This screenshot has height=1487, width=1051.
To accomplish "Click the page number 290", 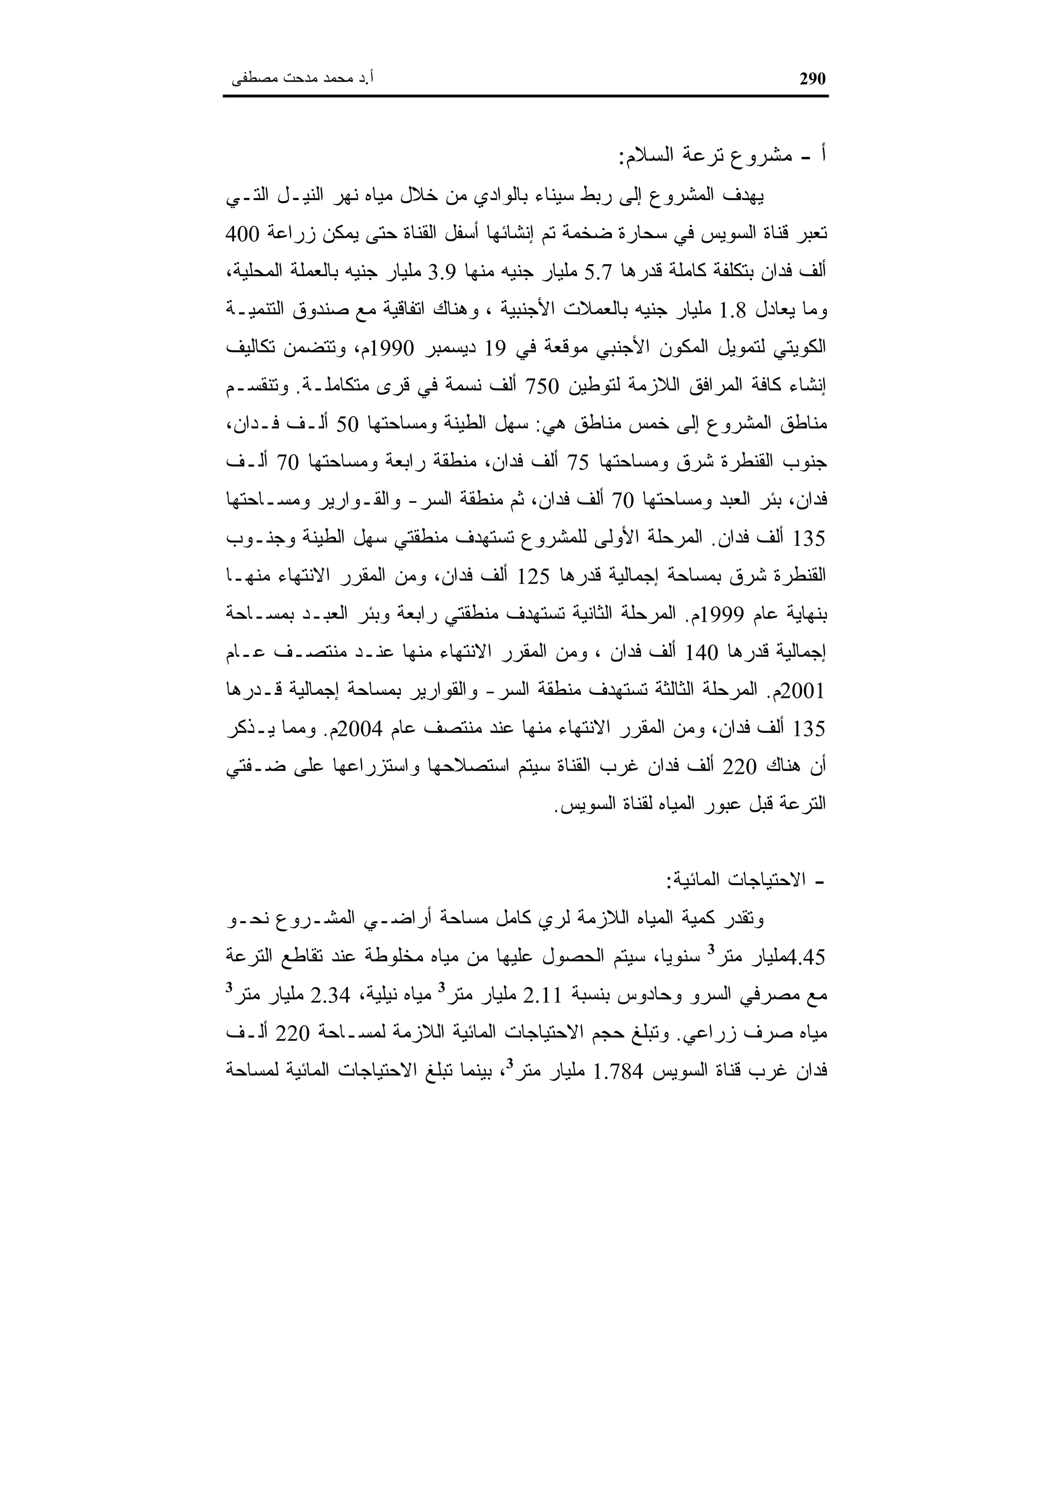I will coord(813,79).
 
